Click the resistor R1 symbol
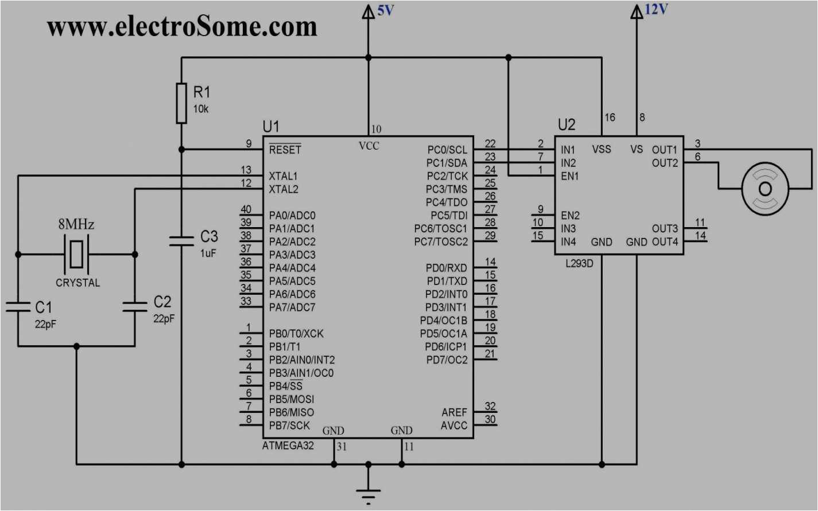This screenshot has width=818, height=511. click(x=181, y=103)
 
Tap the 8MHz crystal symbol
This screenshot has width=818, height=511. click(x=76, y=254)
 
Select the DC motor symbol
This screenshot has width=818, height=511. click(x=765, y=188)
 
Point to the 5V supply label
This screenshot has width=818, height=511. click(x=385, y=10)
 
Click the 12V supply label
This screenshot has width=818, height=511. click(x=656, y=9)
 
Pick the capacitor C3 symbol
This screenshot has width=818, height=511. click(x=181, y=240)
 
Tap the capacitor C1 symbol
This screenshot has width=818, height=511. click(x=18, y=307)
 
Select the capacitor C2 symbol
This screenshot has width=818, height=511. click(x=135, y=306)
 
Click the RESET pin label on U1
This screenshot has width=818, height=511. click(x=285, y=150)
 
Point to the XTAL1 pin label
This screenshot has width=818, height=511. click(x=283, y=176)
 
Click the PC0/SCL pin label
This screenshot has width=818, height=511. click(x=447, y=150)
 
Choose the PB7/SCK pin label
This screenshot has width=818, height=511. click(x=289, y=426)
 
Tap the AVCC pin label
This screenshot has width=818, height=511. click(x=453, y=426)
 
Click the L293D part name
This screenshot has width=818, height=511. click(x=579, y=264)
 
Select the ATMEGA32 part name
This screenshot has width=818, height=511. click(x=288, y=446)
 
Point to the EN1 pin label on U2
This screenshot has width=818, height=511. click(x=570, y=176)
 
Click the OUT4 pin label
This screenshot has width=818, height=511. click(x=665, y=242)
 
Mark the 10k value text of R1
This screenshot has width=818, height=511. click(x=201, y=109)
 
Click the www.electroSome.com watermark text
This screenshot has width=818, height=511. click(x=182, y=26)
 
